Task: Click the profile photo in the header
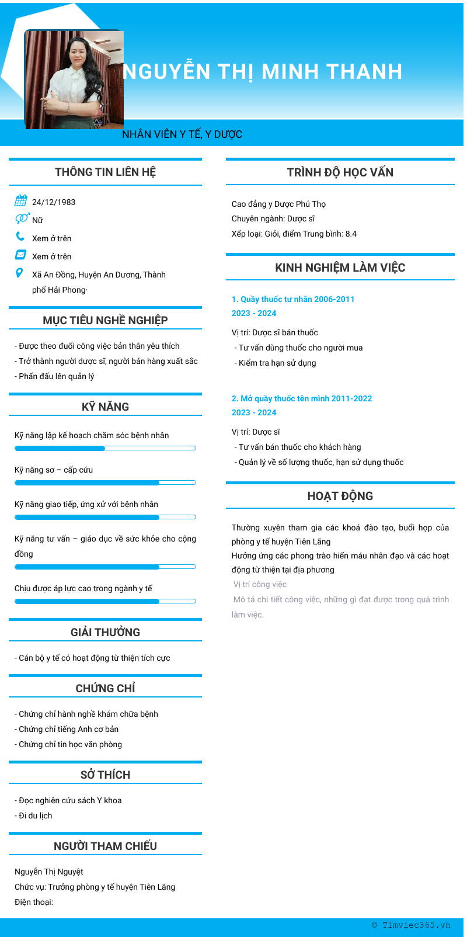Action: [74, 79]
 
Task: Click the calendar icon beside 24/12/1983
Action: [21, 201]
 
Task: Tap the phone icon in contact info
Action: [20, 237]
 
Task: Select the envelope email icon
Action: [20, 255]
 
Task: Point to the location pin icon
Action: [20, 273]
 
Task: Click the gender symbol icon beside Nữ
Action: [22, 218]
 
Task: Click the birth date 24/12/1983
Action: [54, 202]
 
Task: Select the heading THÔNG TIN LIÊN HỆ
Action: [105, 172]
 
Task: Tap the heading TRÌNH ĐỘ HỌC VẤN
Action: [340, 172]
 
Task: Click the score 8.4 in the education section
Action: [351, 234]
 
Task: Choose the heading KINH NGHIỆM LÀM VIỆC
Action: [340, 268]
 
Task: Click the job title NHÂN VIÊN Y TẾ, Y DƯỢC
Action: [182, 134]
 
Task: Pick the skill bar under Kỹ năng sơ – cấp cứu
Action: [105, 483]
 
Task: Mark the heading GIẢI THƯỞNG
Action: [105, 632]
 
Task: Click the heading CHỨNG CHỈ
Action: [105, 688]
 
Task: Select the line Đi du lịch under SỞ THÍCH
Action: [35, 815]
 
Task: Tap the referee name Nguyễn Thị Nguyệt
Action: [49, 872]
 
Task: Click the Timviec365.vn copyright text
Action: [411, 925]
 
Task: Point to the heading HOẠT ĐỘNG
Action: [340, 496]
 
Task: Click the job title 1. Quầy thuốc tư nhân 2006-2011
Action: [293, 299]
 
